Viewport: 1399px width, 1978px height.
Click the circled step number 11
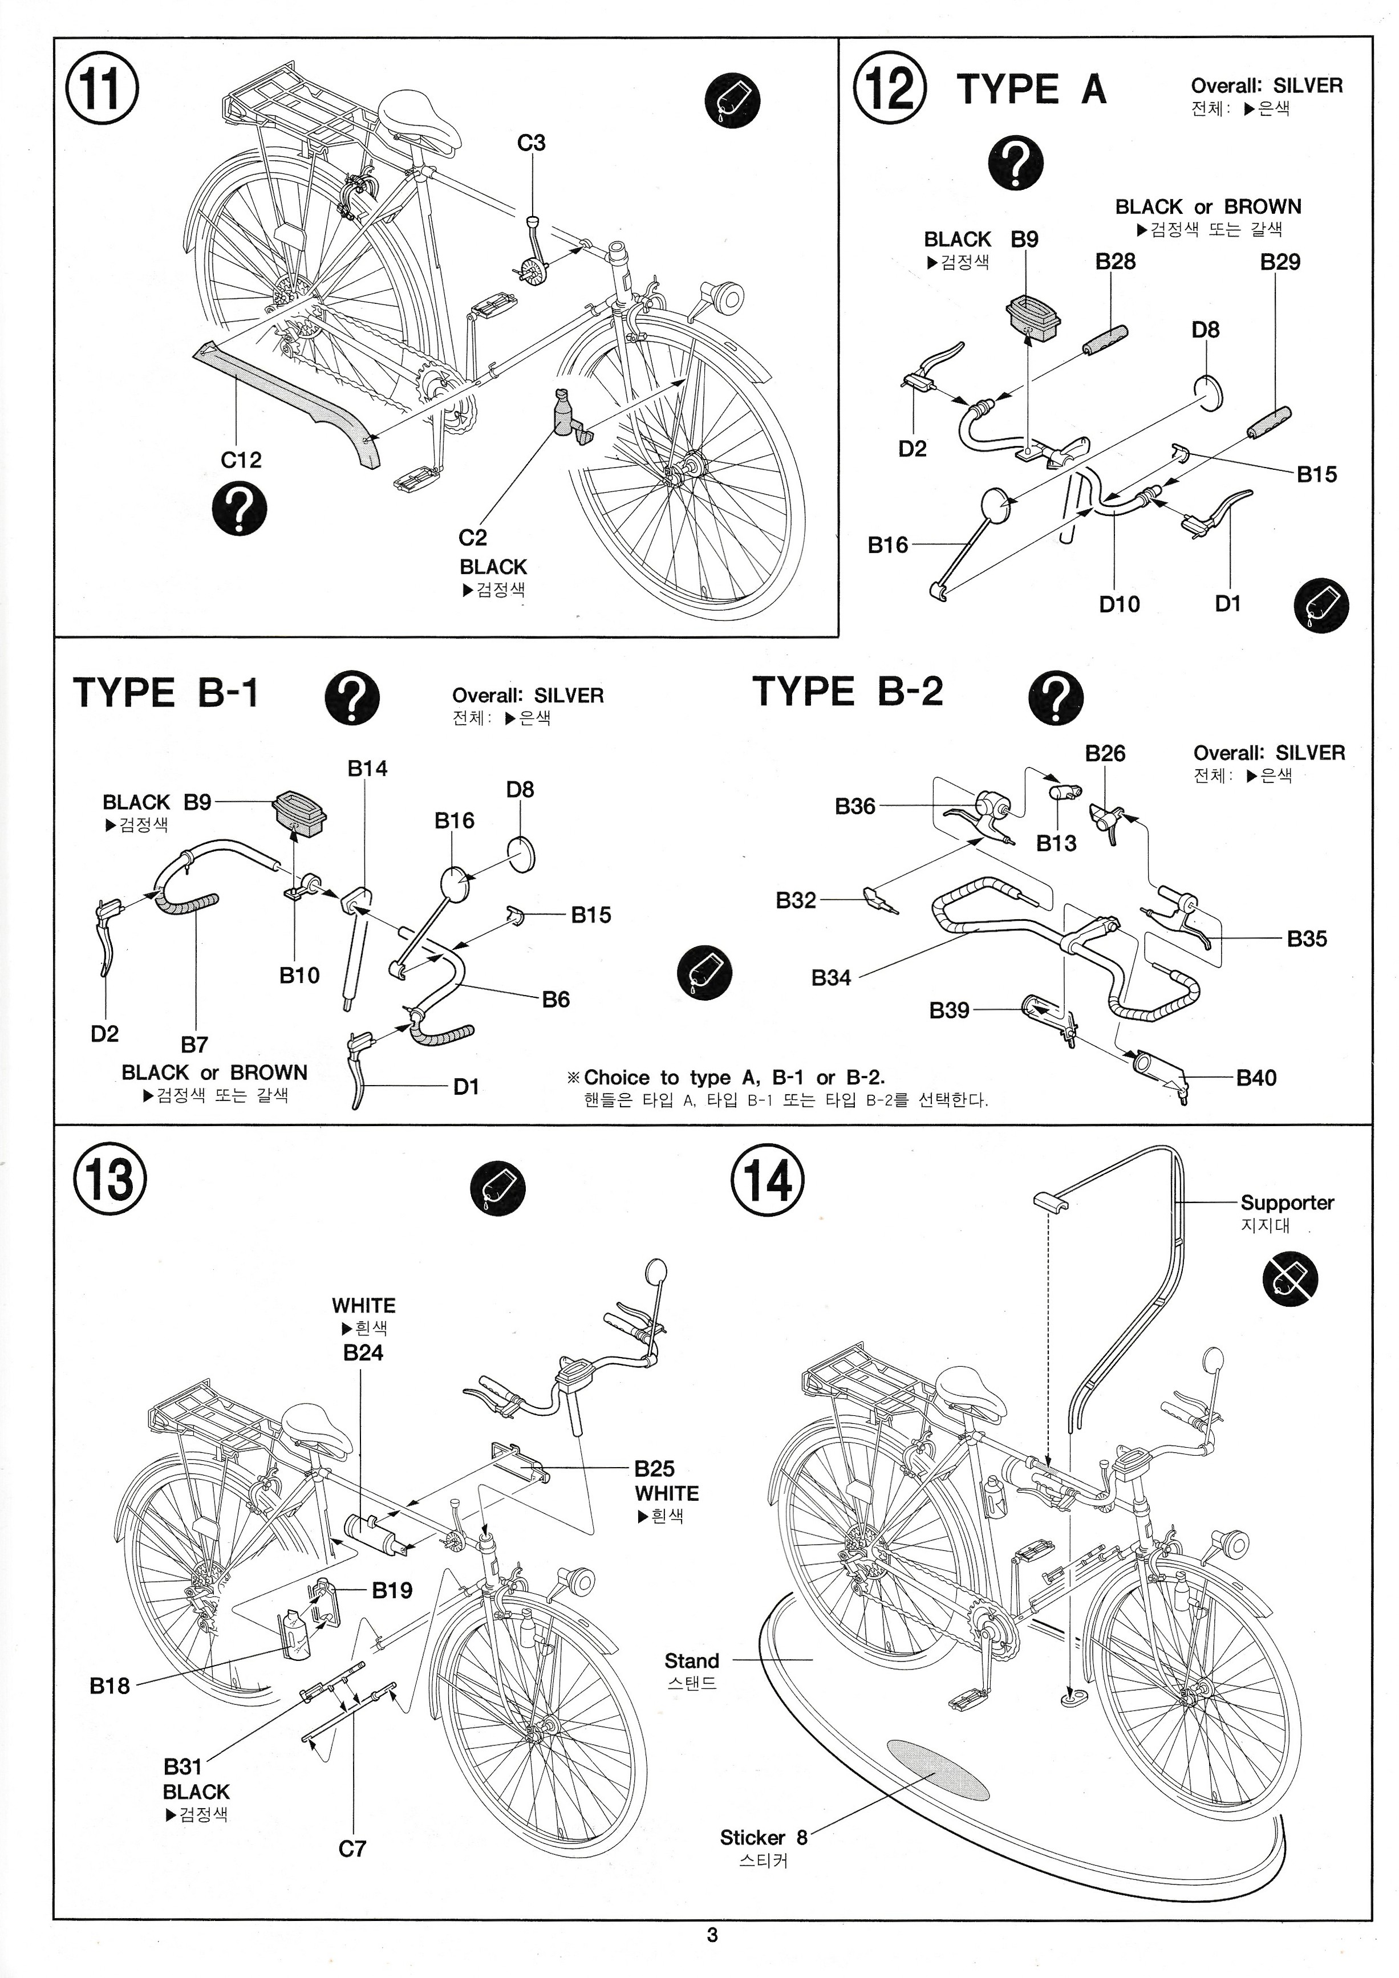click(x=102, y=90)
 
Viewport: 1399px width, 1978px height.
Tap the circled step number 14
click(x=768, y=1179)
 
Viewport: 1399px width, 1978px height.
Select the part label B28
click(x=1115, y=261)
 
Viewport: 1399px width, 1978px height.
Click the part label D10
click(x=1119, y=604)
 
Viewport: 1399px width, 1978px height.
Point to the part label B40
click(x=1256, y=1077)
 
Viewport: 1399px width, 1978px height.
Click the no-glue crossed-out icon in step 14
click(x=1291, y=1278)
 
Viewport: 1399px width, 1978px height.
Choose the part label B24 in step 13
click(x=363, y=1352)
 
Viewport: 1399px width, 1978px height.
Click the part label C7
click(x=352, y=1848)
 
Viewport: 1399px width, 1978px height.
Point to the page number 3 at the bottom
click(x=712, y=1935)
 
